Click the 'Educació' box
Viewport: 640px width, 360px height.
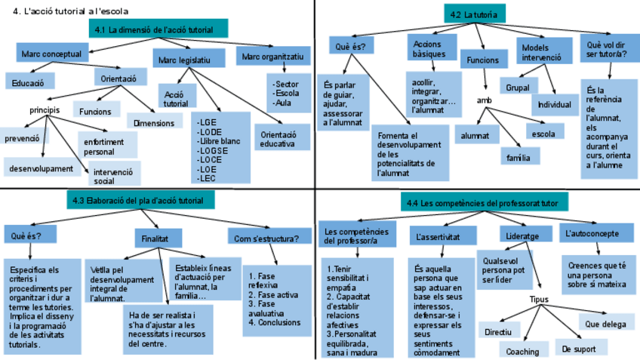coord(29,81)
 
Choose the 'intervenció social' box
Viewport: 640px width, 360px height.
coord(114,176)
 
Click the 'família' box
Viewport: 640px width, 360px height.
coord(520,157)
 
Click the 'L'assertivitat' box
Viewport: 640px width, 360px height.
coord(439,236)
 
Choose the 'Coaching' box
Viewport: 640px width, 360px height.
coord(523,351)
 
